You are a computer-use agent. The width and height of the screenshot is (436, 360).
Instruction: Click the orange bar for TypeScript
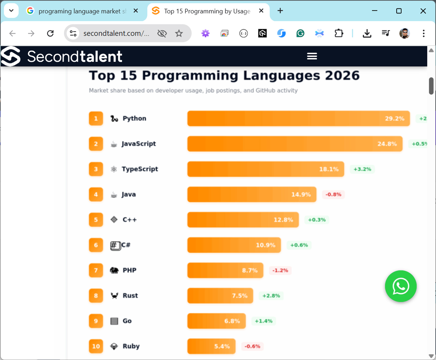[x=266, y=169]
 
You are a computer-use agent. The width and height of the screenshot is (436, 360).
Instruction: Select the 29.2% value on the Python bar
[x=394, y=118]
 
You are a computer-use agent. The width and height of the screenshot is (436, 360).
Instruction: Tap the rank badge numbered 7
[x=96, y=270]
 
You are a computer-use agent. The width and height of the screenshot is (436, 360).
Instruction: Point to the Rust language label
[x=130, y=296]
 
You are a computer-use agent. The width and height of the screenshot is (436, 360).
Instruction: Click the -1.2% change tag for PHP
[x=280, y=270]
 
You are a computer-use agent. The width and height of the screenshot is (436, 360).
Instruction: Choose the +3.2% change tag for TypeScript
[x=362, y=169]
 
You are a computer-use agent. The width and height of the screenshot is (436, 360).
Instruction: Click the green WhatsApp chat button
[x=400, y=286]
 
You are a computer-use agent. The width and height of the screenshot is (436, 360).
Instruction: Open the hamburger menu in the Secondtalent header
[x=312, y=56]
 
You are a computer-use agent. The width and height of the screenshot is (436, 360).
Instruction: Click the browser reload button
[x=50, y=33]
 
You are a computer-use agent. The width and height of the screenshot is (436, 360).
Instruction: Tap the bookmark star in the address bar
[x=179, y=33]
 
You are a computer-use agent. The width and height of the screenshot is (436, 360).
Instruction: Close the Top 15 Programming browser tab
[x=261, y=11]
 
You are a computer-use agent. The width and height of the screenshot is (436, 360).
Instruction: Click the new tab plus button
[x=280, y=11]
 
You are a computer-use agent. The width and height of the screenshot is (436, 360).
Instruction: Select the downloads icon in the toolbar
[x=367, y=33]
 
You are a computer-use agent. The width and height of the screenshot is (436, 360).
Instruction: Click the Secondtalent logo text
[x=74, y=56]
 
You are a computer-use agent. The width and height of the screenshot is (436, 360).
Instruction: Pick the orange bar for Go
[x=216, y=321]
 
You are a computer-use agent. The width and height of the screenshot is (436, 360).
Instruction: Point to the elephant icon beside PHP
[x=114, y=270]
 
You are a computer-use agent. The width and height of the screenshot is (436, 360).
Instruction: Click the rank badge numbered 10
[x=96, y=346]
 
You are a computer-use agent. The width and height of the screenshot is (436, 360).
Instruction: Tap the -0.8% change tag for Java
[x=333, y=194]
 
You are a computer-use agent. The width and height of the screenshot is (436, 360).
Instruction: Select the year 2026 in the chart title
[x=342, y=76]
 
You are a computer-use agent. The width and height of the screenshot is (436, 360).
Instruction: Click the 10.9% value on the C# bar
[x=265, y=245]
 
